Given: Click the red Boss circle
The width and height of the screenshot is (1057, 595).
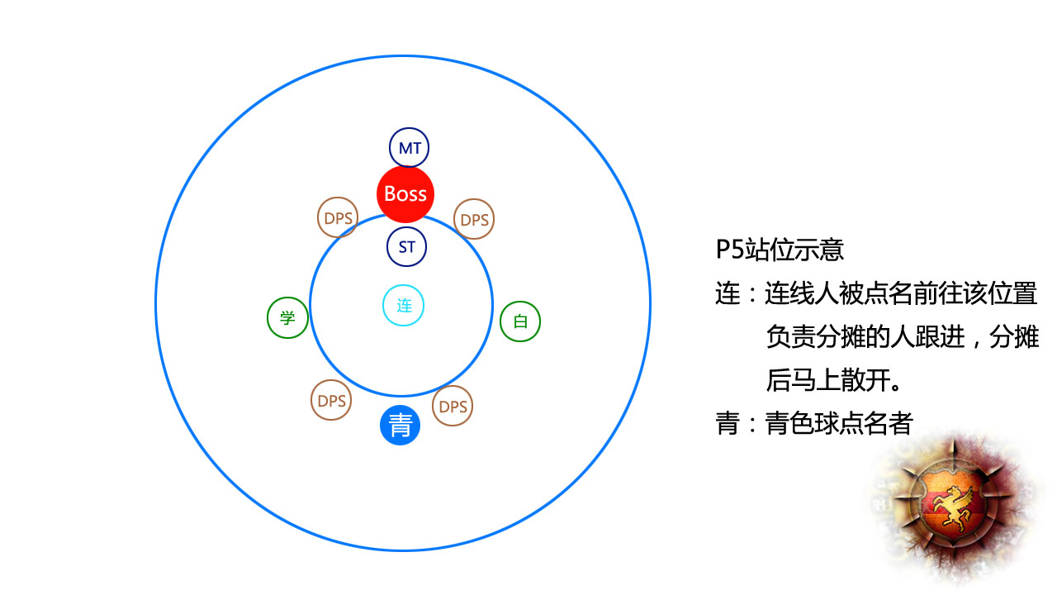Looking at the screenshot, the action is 405,194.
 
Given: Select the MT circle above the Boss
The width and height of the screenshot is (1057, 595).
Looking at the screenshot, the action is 409,148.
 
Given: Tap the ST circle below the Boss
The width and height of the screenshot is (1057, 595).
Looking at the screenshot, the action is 406,246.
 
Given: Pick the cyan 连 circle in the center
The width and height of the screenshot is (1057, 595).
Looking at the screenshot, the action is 404,306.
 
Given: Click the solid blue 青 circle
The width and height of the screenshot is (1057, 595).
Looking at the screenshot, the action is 401,425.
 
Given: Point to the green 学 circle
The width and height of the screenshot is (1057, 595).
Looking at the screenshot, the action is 287,318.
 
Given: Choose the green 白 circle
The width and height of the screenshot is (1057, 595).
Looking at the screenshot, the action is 520,321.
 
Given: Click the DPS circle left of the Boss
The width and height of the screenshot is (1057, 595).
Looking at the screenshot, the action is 338,217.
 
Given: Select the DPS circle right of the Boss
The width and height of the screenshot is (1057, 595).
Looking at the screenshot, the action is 474,219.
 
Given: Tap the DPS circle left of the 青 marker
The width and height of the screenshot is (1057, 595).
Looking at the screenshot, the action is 331,401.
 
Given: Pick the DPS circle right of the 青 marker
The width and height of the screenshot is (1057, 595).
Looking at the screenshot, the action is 453,406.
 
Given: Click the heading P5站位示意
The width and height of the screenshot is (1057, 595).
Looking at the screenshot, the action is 780,250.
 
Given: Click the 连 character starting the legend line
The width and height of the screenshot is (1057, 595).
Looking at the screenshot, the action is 728,293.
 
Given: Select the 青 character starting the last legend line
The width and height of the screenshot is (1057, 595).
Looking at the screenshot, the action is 728,423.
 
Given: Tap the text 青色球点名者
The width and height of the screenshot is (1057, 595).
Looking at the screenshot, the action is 839,423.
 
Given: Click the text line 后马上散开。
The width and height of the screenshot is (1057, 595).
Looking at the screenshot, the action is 834,380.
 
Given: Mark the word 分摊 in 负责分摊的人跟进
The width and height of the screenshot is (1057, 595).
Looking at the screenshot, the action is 841,336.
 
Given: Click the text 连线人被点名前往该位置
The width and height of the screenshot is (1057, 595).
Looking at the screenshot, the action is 901,293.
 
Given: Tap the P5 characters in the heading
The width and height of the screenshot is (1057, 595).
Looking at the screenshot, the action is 729,250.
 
